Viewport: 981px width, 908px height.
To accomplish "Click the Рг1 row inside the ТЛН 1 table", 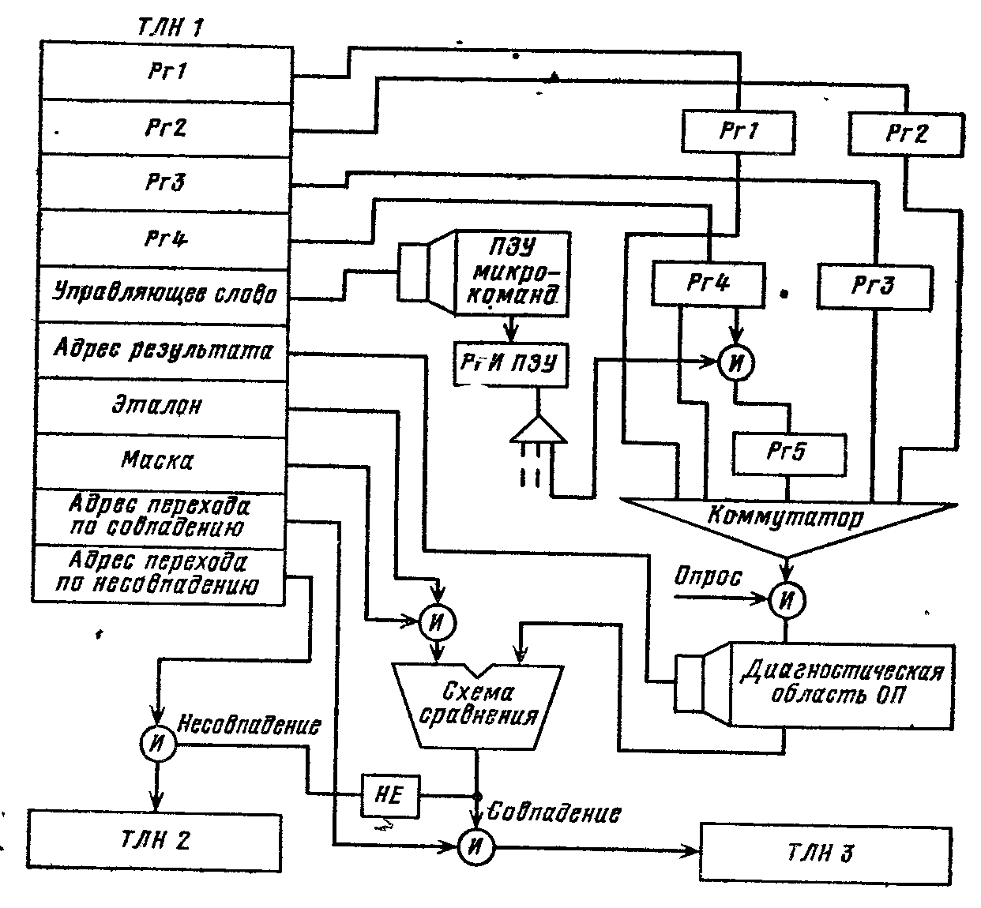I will click(166, 72).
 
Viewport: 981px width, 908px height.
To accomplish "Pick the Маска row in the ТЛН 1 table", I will click(158, 461).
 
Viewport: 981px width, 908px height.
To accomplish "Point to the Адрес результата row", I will click(163, 350).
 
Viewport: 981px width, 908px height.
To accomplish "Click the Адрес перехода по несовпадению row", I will click(158, 575).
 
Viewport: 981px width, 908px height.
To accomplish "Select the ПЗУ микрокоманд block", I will click(517, 272).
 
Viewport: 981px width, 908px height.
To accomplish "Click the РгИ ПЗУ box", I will click(509, 363).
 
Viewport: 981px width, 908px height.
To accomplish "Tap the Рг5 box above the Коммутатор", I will click(789, 453).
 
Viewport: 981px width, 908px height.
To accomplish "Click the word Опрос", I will click(708, 578).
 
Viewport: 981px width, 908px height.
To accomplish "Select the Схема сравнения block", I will click(479, 704).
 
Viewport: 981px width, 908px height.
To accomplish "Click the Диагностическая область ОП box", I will click(840, 684).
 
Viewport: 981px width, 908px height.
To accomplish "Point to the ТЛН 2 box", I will click(156, 840).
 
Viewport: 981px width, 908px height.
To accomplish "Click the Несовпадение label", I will click(250, 725).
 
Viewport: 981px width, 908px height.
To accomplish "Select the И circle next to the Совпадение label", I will click(476, 846).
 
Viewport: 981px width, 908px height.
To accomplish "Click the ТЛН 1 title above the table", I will click(171, 29).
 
